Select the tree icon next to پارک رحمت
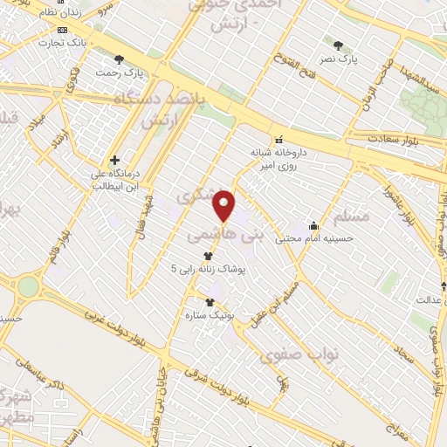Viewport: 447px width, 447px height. (119, 58)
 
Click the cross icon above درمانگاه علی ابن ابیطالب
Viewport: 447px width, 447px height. (114, 161)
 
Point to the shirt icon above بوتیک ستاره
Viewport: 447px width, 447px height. (210, 302)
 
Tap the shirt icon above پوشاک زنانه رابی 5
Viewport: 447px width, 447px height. (208, 256)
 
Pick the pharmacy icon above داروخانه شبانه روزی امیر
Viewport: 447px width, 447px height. (279, 140)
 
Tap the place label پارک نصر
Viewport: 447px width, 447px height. (361, 59)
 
